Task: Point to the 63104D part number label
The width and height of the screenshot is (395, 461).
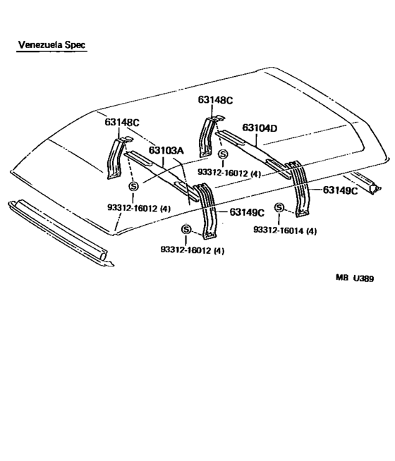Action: click(x=260, y=128)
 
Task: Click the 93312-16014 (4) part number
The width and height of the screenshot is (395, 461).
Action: click(x=284, y=230)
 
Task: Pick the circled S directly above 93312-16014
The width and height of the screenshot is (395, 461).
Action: click(x=279, y=207)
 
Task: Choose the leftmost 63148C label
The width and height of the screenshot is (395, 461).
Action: click(x=122, y=122)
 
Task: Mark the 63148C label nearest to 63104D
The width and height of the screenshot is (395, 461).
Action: click(x=215, y=100)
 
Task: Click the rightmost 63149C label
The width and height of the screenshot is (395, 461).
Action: click(x=341, y=190)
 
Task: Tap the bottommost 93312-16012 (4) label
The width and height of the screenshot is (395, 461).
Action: click(x=192, y=251)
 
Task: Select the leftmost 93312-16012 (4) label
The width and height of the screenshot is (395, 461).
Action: click(x=139, y=208)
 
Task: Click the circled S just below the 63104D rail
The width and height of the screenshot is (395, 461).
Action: click(x=224, y=154)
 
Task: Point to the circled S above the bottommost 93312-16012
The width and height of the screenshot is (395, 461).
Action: click(x=186, y=229)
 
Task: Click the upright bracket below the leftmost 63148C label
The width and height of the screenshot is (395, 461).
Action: click(x=115, y=159)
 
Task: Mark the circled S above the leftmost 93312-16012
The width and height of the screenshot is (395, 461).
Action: click(x=133, y=187)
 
